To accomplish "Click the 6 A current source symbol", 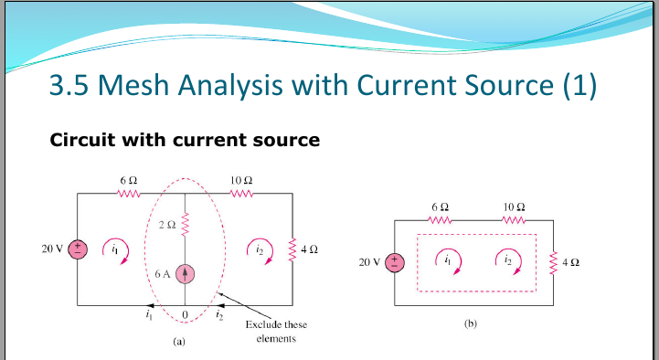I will [x=186, y=272].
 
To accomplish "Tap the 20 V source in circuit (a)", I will [x=79, y=249].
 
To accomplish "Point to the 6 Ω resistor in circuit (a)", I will [x=128, y=194].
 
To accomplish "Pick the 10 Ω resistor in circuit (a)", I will [x=241, y=194].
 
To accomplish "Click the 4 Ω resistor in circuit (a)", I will [x=292, y=248].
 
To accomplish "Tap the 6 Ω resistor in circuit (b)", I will [x=439, y=220].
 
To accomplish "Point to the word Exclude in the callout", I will [x=263, y=324].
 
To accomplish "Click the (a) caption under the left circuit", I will [x=179, y=344].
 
